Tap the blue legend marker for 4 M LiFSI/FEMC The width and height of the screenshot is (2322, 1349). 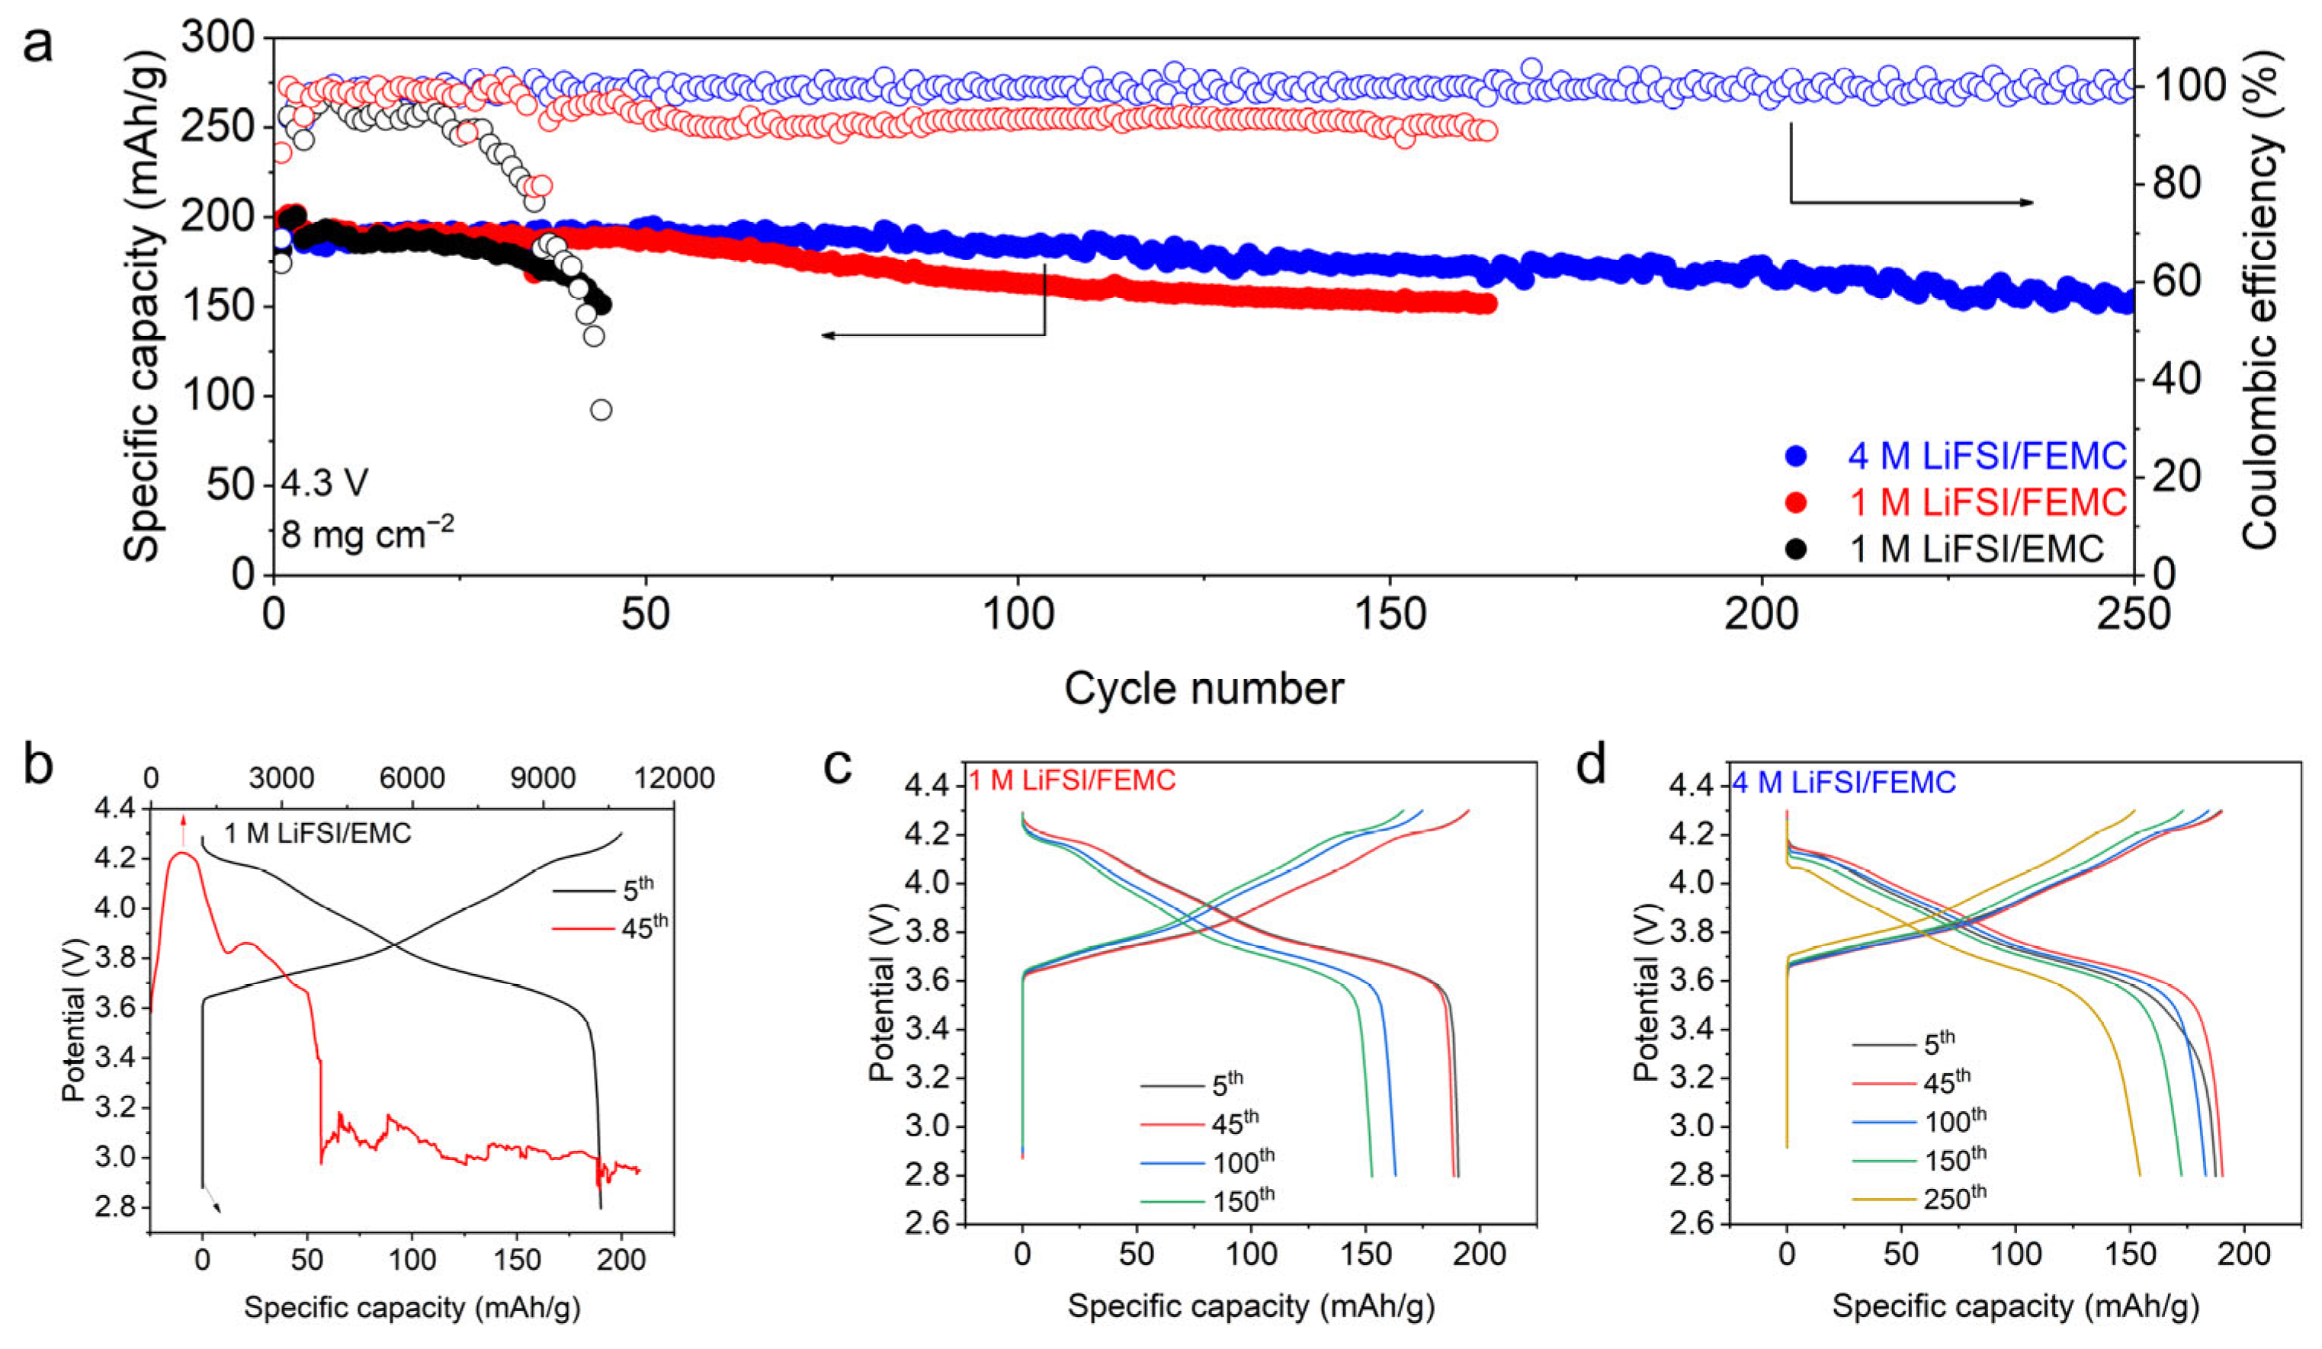click(1796, 455)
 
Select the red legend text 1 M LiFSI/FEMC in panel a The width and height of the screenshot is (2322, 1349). click(1988, 502)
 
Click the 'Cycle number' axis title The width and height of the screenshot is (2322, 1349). click(1204, 688)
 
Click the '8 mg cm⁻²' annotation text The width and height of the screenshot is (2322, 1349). click(367, 534)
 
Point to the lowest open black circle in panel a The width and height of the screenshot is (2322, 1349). click(601, 410)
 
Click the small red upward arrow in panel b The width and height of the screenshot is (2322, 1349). click(184, 829)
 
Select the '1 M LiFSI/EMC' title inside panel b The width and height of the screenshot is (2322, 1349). click(318, 834)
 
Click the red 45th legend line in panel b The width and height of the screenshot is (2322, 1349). click(582, 928)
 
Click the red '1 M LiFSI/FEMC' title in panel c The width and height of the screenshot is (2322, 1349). click(1072, 780)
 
